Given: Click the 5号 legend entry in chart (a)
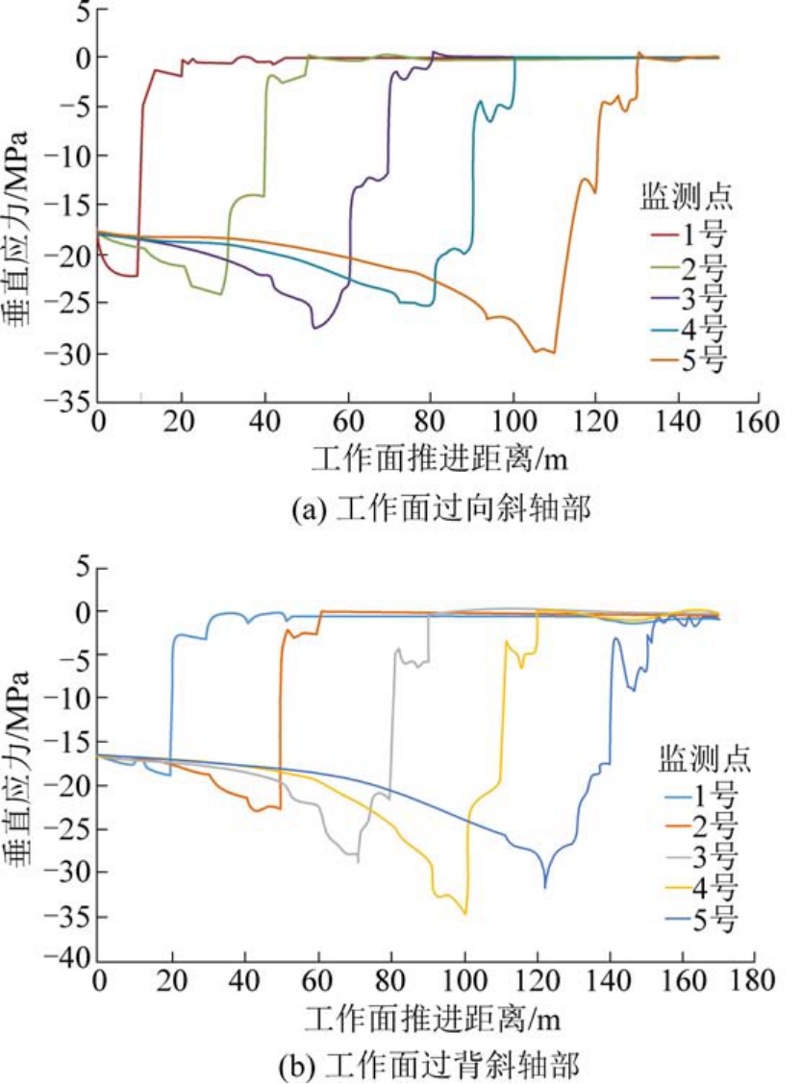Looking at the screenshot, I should click(688, 362).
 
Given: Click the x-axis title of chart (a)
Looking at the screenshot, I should click(427, 460).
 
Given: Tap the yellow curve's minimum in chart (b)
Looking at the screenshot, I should click(465, 914).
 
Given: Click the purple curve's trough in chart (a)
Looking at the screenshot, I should click(314, 329).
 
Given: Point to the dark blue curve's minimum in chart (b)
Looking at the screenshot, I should click(545, 887).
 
